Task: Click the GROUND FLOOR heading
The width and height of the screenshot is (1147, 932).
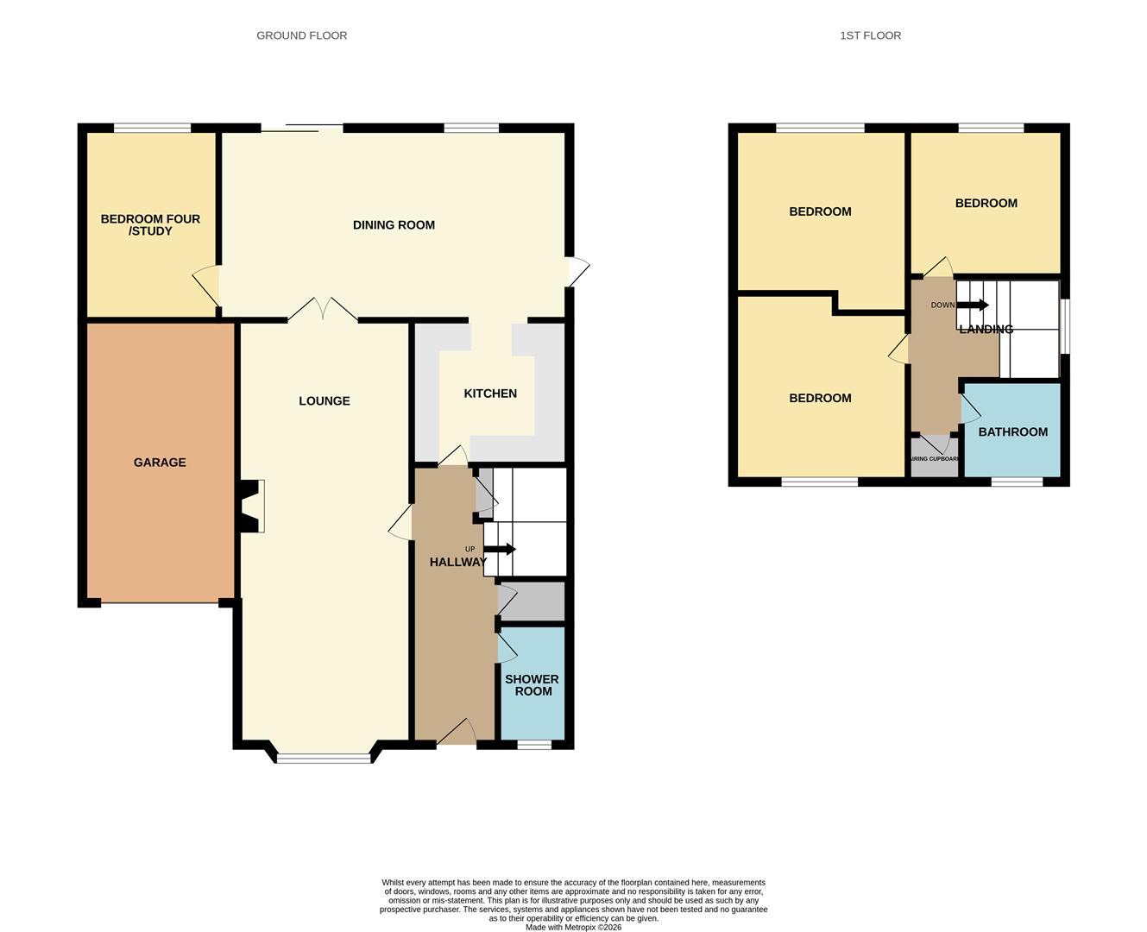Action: pyautogui.click(x=301, y=35)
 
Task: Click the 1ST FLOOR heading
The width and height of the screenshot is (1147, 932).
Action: pyautogui.click(x=870, y=35)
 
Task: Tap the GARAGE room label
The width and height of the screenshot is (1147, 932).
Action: pyautogui.click(x=160, y=463)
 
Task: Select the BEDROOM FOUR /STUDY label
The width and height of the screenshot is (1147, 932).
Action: pyautogui.click(x=150, y=224)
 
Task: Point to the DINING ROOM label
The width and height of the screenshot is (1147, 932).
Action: pyautogui.click(x=394, y=225)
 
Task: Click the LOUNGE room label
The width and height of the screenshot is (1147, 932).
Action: pyautogui.click(x=325, y=400)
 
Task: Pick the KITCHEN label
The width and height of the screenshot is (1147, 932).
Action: pyautogui.click(x=490, y=394)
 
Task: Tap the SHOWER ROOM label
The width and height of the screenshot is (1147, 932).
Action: pyautogui.click(x=532, y=685)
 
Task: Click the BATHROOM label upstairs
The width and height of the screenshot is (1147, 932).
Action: pyautogui.click(x=1012, y=431)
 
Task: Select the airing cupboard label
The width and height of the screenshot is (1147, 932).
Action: pyautogui.click(x=935, y=459)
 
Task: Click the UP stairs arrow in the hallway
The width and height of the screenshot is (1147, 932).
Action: pyautogui.click(x=501, y=549)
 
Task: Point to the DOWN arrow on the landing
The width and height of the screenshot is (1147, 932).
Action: pyautogui.click(x=974, y=305)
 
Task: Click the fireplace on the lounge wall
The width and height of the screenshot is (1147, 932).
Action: pyautogui.click(x=251, y=506)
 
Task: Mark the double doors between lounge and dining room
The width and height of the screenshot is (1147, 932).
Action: pyautogui.click(x=323, y=311)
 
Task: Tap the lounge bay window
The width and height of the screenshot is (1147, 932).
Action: pyautogui.click(x=324, y=759)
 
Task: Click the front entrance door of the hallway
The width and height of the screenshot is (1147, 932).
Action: pyautogui.click(x=457, y=734)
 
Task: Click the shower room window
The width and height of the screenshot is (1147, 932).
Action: pyautogui.click(x=533, y=744)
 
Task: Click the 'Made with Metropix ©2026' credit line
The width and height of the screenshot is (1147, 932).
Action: pyautogui.click(x=573, y=927)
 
